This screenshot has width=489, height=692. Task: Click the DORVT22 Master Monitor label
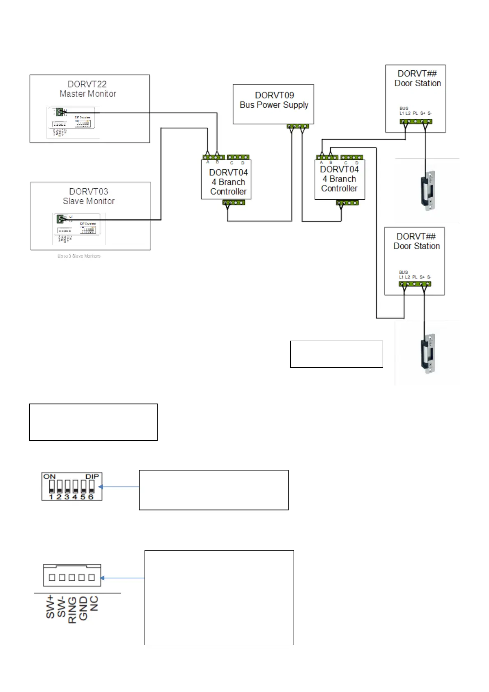87,89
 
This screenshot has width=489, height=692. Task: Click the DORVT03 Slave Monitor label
89,196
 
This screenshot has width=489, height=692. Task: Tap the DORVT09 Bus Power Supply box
273,104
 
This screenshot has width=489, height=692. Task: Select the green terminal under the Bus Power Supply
298,127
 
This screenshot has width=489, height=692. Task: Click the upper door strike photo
427,191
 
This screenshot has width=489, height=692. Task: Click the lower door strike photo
427,353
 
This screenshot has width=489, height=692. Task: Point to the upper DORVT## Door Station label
417,78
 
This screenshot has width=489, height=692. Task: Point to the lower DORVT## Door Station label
416,241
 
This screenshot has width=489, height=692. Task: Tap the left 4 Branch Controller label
228,182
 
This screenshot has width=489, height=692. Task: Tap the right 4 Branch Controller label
339,179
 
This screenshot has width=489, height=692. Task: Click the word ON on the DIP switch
49,477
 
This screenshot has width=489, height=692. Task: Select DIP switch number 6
91,487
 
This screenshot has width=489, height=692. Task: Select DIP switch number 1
51,487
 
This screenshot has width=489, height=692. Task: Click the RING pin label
72,610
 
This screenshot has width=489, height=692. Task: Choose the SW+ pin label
50,607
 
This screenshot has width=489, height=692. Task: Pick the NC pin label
94,603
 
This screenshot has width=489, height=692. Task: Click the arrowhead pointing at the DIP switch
101,487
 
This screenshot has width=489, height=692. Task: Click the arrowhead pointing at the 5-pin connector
102,578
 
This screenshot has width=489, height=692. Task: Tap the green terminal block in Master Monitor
60,111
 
